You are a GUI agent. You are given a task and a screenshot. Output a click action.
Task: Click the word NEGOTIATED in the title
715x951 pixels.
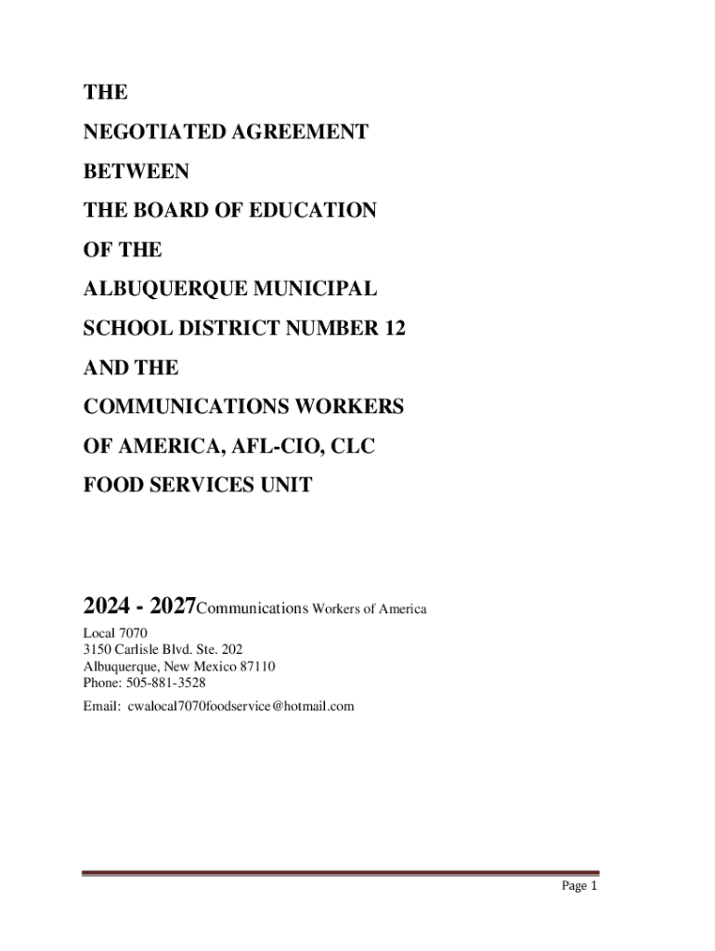pyautogui.click(x=144, y=132)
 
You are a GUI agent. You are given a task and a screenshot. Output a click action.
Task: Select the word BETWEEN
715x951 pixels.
pyautogui.click(x=136, y=171)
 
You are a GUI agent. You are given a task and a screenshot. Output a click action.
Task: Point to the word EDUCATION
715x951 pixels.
pyautogui.click(x=315, y=211)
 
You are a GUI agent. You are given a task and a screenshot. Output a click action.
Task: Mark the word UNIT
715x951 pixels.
pyautogui.click(x=287, y=486)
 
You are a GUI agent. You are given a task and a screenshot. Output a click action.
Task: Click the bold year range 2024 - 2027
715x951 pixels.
pyautogui.click(x=139, y=607)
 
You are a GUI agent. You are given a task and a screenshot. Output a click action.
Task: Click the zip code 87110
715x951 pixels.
pyautogui.click(x=255, y=666)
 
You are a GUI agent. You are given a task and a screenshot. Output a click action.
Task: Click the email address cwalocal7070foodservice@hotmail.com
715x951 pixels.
pyautogui.click(x=240, y=706)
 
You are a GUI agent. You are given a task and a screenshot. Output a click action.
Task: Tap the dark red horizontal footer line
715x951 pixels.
pyautogui.click(x=341, y=873)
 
